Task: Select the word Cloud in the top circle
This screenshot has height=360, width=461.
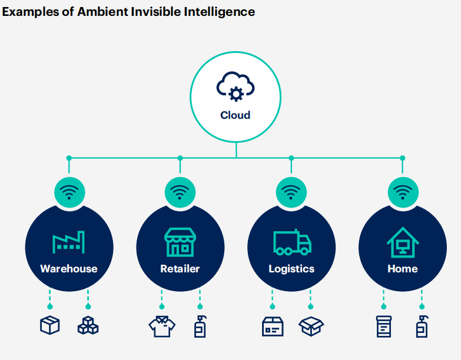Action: pos(236,115)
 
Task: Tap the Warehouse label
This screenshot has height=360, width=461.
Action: pos(69,269)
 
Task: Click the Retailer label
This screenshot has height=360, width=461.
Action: pos(180,269)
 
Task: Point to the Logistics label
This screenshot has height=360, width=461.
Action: pos(291,269)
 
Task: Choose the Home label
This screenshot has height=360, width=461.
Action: pos(403,269)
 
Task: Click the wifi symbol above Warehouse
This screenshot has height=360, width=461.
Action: pos(69,192)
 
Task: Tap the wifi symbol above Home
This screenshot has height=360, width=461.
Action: pos(403,192)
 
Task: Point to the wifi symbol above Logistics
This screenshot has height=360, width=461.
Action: pos(291,192)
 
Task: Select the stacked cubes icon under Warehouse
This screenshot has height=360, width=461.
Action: pos(88,326)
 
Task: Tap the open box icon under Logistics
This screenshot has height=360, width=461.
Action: pos(311,326)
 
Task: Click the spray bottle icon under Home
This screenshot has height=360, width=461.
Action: pos(422,326)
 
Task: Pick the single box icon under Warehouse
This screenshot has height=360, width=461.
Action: pos(50,326)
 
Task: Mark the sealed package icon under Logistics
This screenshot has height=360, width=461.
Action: pos(272,326)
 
